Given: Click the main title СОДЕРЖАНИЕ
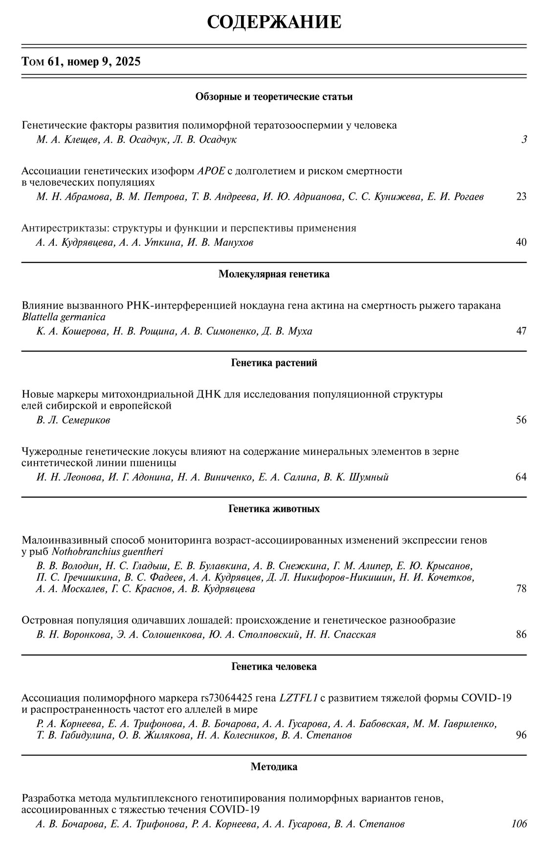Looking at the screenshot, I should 274,22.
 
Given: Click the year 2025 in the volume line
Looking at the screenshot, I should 128,62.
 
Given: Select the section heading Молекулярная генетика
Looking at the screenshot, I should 274,274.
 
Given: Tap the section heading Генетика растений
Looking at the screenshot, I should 274,363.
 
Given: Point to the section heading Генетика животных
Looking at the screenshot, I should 274,509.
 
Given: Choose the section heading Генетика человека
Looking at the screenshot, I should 274,667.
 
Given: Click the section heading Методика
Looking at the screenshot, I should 274,767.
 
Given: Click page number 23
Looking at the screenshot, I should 521,197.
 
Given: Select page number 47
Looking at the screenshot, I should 521,331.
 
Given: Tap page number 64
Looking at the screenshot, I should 521,477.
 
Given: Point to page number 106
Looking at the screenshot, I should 519,824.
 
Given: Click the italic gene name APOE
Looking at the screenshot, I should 211,171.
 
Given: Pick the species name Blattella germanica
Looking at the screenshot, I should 64,317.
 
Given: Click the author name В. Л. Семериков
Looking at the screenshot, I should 73,420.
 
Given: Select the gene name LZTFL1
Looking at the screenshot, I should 298,698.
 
